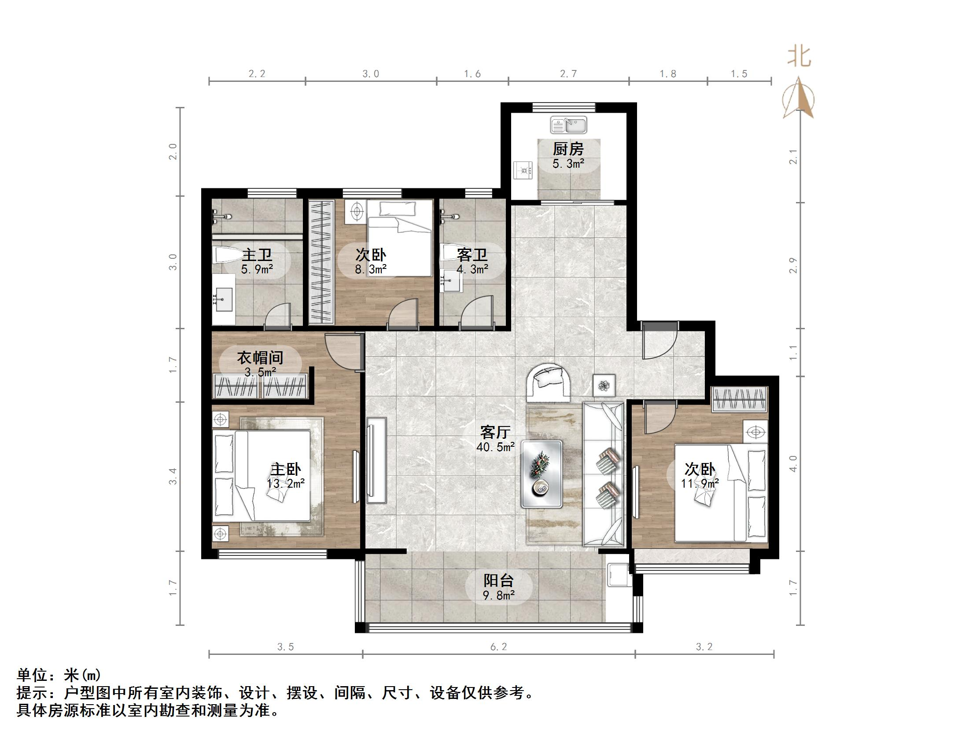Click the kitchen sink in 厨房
pos(568,125)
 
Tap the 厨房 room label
pos(568,148)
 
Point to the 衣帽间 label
pos(260,357)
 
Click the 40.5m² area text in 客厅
pos(495,447)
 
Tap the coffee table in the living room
pos(542,474)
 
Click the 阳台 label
pos(498,581)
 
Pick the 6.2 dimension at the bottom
pos(498,647)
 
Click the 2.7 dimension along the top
pos(568,74)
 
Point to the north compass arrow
pos(798,98)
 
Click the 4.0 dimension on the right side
pos(793,463)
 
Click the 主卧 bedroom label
pos(286,469)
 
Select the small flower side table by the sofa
pos(604,385)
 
